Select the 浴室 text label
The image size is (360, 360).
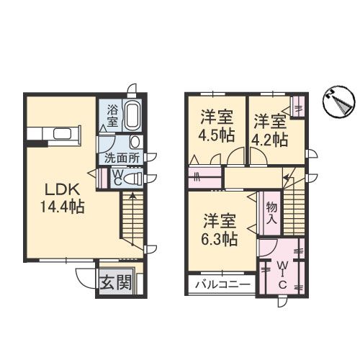113,115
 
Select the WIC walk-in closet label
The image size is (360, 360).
282,273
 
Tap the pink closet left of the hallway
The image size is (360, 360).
207,176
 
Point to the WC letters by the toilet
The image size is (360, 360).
115,176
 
